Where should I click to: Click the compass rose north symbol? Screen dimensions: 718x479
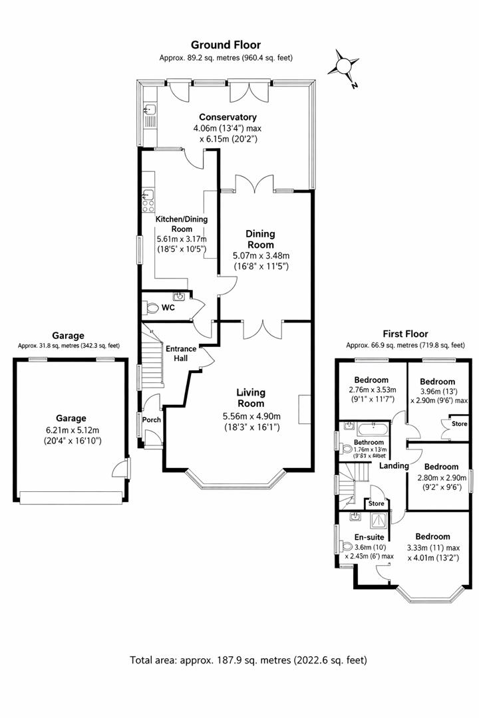343,67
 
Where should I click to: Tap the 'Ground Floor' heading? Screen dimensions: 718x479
226,45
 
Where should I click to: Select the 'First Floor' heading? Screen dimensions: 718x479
405,334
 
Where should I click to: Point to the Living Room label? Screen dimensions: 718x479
251,398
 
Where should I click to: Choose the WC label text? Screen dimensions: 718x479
168,308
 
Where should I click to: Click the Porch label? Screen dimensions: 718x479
152,419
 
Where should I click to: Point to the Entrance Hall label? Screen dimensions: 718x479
181,353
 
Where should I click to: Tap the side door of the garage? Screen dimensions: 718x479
120,469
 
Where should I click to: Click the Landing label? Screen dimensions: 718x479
394,466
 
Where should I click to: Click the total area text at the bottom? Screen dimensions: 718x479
248,660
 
